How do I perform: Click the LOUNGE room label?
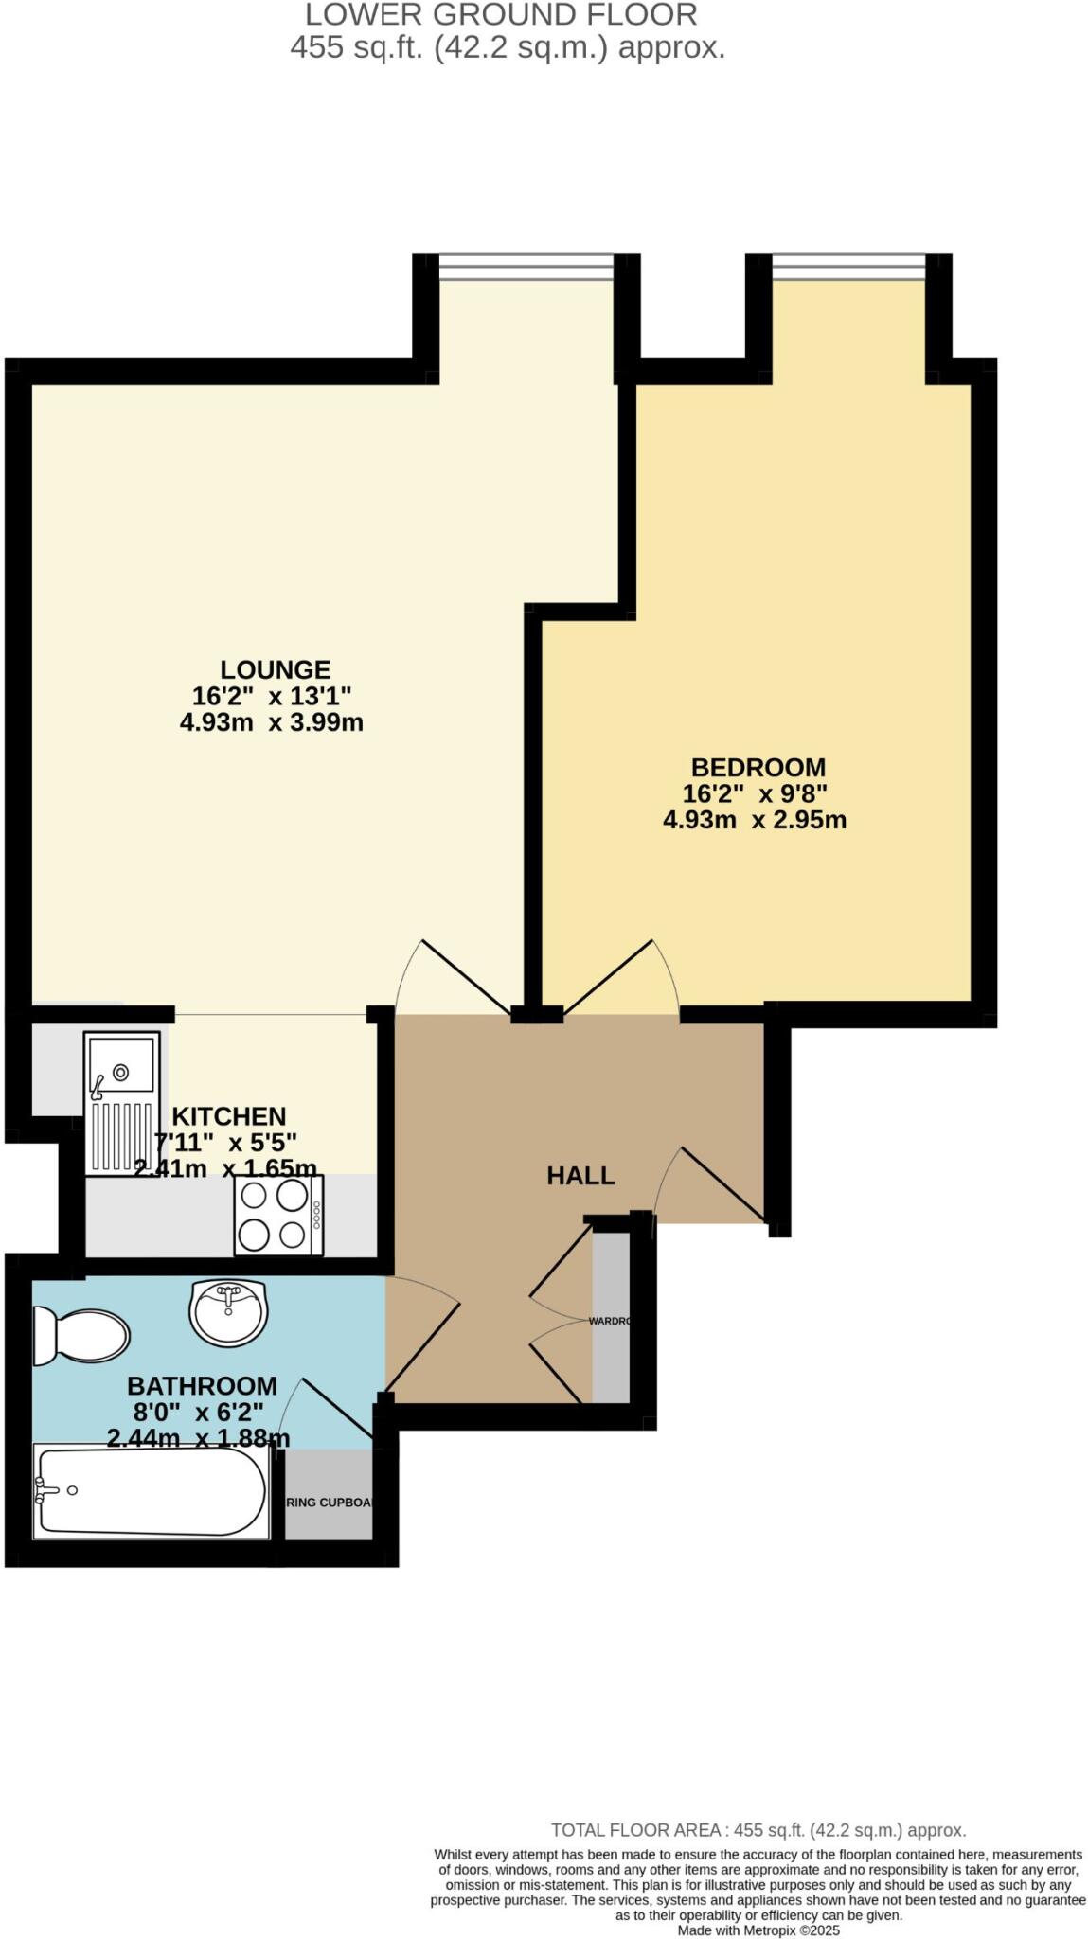[276, 669]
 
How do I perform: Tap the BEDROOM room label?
[758, 767]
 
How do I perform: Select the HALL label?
[580, 1176]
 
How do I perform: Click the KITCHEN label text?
[228, 1116]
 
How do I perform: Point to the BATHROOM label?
[202, 1386]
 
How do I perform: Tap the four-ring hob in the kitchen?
[278, 1215]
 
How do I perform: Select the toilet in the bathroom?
[80, 1336]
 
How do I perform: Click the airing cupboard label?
[329, 1503]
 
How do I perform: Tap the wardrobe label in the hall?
[609, 1321]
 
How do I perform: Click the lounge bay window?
[526, 267]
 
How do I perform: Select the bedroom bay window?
[848, 267]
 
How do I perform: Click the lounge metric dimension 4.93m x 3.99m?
[272, 722]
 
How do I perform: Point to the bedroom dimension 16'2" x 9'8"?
[755, 793]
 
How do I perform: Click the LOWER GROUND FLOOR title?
[502, 15]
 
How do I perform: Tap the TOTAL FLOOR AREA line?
[758, 1830]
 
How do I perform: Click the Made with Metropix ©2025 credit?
[758, 1930]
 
